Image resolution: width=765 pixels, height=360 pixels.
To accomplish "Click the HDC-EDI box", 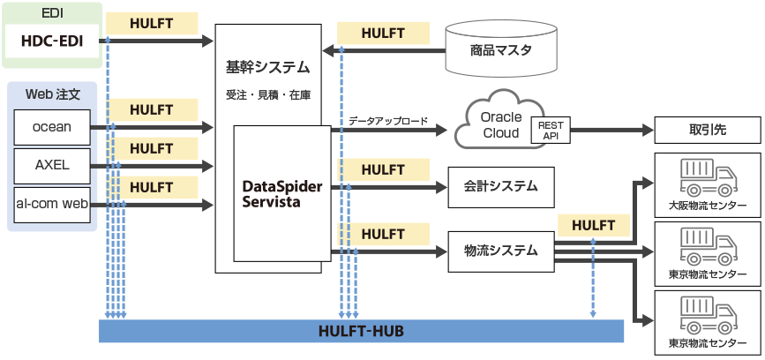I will click(51, 40).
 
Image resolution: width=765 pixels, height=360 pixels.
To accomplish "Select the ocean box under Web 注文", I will click(52, 127).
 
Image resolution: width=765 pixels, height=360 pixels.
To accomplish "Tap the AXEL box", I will click(52, 165).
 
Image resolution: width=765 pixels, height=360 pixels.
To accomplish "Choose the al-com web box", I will click(52, 204).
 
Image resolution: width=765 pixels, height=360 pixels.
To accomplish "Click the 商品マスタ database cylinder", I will click(501, 49).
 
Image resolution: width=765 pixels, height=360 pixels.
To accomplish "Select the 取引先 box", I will click(706, 131).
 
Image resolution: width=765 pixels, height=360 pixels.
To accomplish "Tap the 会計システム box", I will click(501, 186).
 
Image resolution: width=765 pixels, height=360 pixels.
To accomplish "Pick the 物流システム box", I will click(501, 250).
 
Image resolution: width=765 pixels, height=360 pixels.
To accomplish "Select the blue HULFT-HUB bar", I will click(361, 331).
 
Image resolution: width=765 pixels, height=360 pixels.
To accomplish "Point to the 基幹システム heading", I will click(267, 67).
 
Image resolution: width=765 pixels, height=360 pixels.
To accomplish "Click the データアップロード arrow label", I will click(388, 121).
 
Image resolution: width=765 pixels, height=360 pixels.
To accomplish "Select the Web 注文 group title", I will click(53, 93).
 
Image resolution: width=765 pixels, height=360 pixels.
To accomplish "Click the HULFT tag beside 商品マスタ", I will click(384, 34).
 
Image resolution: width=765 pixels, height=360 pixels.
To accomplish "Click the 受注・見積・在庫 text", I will click(267, 93).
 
